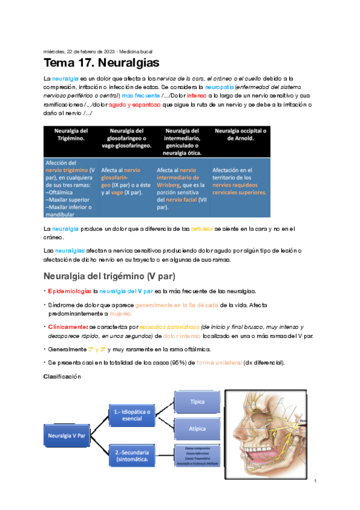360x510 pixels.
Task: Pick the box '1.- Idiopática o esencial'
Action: [132, 415]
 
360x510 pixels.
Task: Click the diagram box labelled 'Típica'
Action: [198, 402]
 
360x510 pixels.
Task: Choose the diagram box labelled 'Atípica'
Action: [198, 429]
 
